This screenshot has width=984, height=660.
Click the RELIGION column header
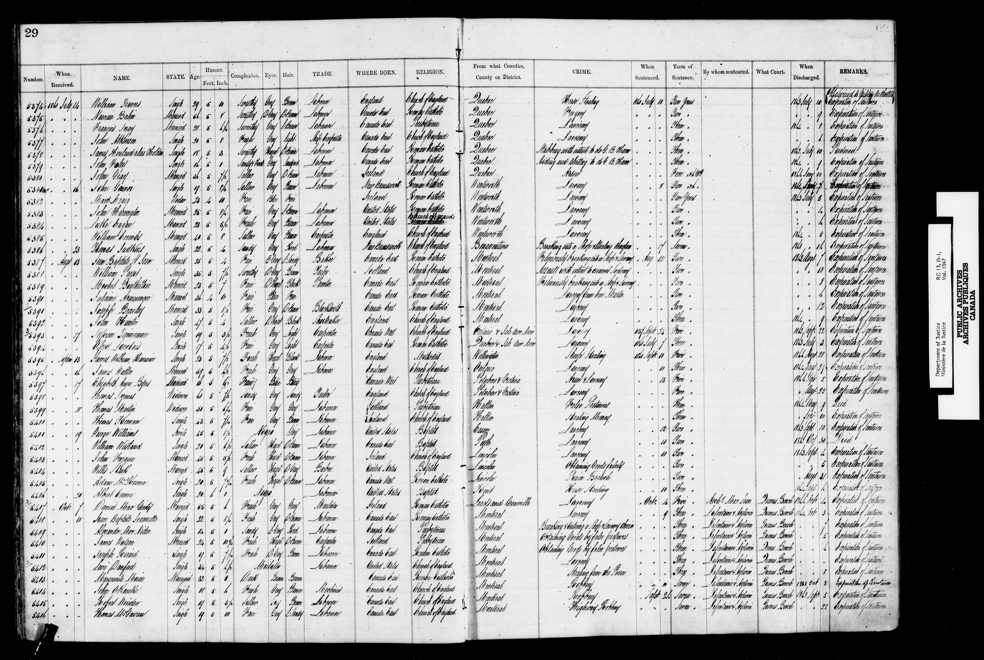point(430,72)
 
